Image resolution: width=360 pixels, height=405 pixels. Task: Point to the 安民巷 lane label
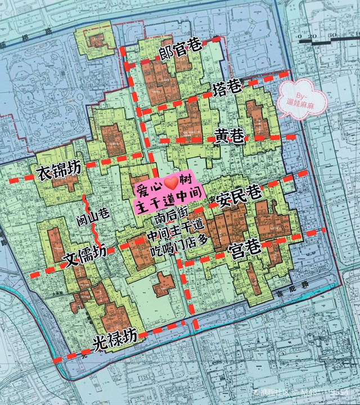(238, 197)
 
